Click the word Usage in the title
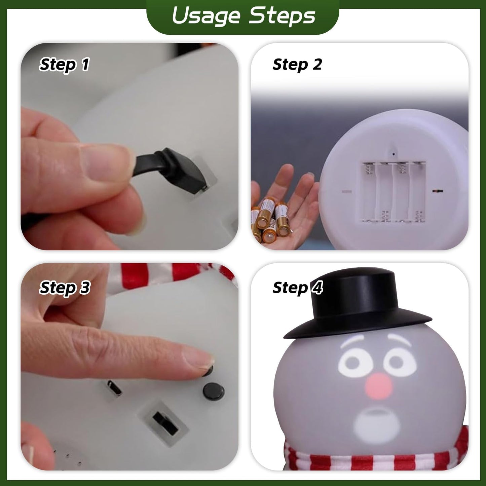[206, 16]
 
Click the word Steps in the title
[282, 16]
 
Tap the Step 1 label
[64, 64]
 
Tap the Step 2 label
[297, 64]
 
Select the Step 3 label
[65, 288]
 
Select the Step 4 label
[297, 288]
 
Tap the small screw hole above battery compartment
[394, 154]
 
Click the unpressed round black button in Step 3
[214, 391]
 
